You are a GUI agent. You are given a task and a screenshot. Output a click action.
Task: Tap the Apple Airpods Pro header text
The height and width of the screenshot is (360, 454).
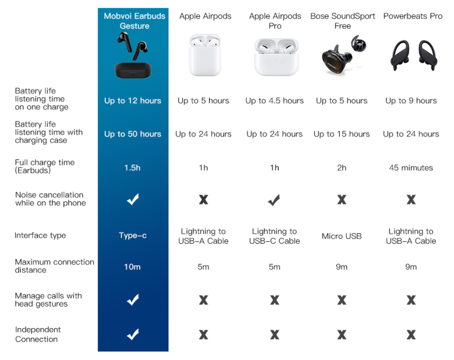coord(274,21)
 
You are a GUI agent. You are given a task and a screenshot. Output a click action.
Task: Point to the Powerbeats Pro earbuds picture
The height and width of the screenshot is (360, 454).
coord(412,56)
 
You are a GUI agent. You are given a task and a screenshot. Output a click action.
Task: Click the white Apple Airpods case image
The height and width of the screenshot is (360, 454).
coord(204,56)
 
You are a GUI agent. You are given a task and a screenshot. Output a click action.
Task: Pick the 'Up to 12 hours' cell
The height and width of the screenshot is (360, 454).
coord(133,101)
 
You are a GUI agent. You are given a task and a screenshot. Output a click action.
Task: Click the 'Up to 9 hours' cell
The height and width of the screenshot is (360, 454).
coord(411,101)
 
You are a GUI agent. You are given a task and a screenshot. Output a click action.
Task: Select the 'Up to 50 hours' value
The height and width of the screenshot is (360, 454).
coord(133,134)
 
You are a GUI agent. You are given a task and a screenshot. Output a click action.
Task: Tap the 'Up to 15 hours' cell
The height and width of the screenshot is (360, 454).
coord(342,134)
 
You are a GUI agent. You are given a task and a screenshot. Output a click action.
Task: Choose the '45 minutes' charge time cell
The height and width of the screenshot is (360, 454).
coord(411,168)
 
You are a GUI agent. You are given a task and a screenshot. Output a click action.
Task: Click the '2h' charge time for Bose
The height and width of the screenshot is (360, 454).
coord(342,168)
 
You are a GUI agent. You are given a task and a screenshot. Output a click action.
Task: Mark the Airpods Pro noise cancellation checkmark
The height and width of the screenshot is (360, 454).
coord(274,200)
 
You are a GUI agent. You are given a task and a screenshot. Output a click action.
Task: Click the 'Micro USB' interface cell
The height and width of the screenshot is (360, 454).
coord(342,236)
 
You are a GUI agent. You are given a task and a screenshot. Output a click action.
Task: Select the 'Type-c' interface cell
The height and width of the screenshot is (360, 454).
coord(133,235)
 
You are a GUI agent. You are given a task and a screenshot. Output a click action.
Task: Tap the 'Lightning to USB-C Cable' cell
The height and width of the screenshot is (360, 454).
coord(274,236)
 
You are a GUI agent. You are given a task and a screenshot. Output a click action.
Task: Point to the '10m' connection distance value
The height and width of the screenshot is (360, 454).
coord(133,267)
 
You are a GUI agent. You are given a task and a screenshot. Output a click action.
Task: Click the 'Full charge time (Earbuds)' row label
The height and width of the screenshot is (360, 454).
coord(45,166)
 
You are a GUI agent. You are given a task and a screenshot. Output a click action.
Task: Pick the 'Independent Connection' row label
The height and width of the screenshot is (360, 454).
coord(38,335)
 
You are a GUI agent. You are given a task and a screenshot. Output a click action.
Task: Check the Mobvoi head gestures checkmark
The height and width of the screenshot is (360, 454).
coord(133,300)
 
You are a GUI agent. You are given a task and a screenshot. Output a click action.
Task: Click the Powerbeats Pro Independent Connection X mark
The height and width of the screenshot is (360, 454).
coord(411,335)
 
